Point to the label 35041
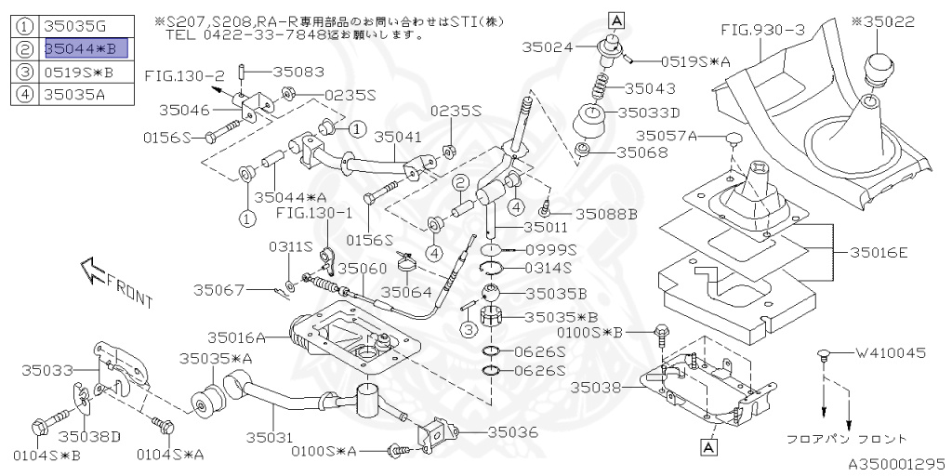click(397, 136)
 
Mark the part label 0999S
click(552, 249)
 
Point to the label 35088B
click(605, 213)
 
